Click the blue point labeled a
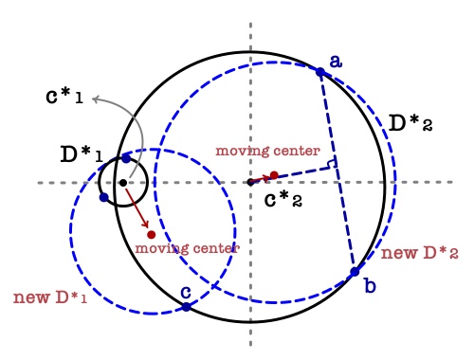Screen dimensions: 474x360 320,71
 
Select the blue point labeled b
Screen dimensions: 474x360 355,272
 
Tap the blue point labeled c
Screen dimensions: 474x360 186,307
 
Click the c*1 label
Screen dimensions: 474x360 64,97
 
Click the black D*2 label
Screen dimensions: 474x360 410,122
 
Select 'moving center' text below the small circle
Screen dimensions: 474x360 187,247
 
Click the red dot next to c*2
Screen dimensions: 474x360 274,175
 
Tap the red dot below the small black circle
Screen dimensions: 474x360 151,234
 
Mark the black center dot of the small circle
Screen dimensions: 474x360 122,182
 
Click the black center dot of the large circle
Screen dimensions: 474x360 250,182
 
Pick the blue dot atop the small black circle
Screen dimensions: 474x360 126,158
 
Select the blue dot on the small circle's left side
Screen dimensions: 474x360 102,197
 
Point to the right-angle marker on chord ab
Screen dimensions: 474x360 331,165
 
